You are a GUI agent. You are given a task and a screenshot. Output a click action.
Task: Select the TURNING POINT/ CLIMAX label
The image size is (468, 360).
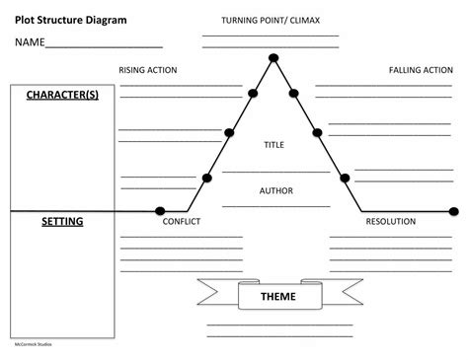[x=270, y=21]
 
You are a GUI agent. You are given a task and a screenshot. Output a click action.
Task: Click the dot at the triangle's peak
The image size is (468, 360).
[x=273, y=57]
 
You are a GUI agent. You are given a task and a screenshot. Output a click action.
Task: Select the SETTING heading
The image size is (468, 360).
[x=62, y=222]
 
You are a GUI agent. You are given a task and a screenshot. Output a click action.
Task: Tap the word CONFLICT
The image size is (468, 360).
[x=181, y=222]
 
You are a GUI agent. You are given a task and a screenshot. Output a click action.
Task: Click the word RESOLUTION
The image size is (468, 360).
[x=390, y=222]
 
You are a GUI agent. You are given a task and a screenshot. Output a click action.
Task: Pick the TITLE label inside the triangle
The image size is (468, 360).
[x=273, y=145]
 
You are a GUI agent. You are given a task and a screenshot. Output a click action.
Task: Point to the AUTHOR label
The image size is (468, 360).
[x=273, y=190]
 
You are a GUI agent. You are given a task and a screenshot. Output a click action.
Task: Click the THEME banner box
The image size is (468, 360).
[x=277, y=296]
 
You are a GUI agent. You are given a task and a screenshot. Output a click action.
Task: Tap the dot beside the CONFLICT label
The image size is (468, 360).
[x=160, y=210]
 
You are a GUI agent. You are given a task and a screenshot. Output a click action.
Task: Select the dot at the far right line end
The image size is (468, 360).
[x=453, y=210]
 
